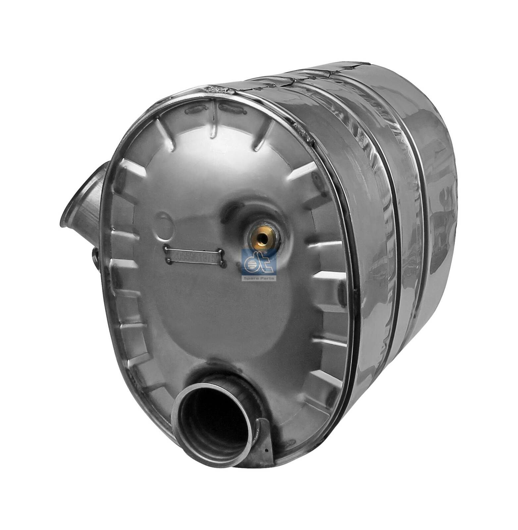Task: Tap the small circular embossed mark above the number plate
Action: [164, 221]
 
